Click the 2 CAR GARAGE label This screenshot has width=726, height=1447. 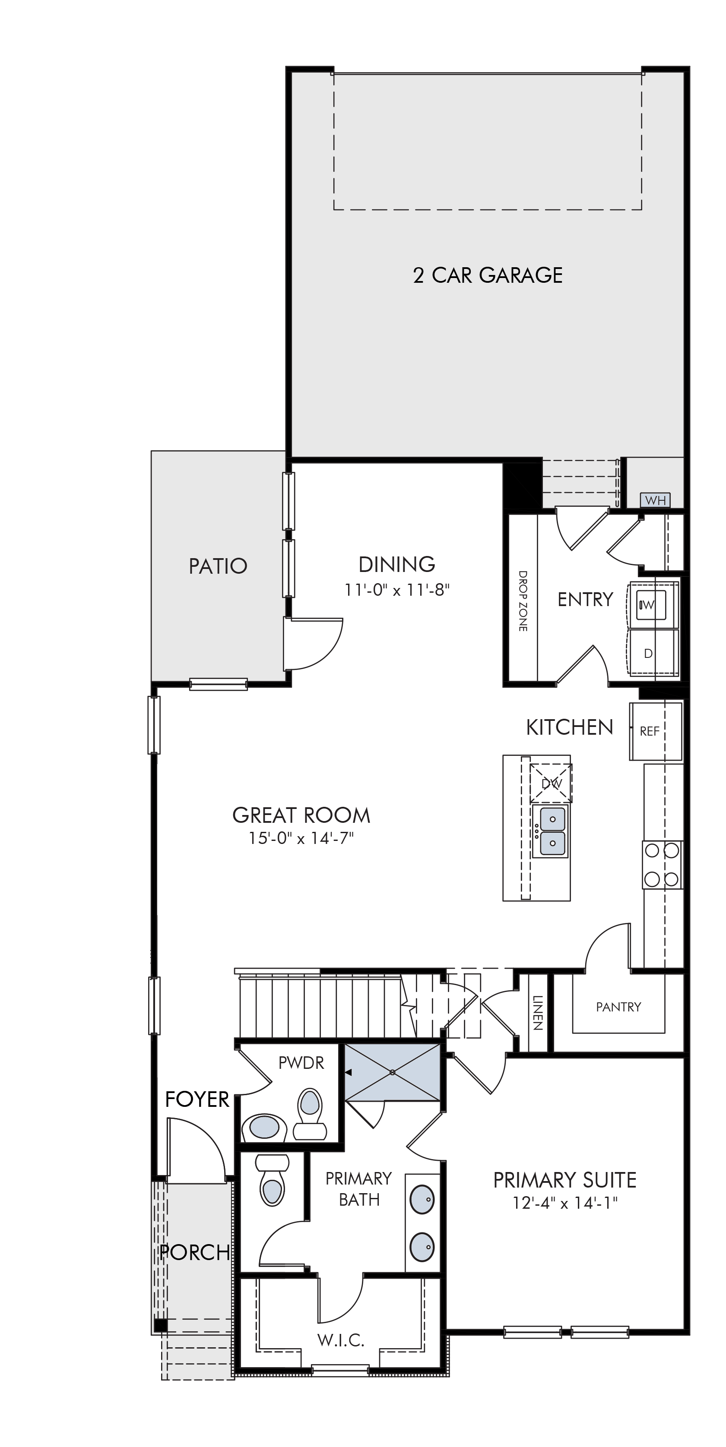point(488,275)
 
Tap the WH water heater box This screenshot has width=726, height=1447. point(655,500)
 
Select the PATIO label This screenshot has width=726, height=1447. point(218,566)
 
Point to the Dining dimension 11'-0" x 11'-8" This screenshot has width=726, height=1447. point(397,591)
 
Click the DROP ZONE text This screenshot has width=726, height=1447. point(523,601)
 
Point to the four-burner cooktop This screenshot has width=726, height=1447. point(663,865)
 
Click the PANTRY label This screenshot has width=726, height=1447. point(618,1007)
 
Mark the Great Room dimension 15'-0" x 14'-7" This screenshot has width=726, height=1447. point(301,839)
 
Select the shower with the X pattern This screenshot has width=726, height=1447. point(392,1072)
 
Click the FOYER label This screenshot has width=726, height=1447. point(197,1099)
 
